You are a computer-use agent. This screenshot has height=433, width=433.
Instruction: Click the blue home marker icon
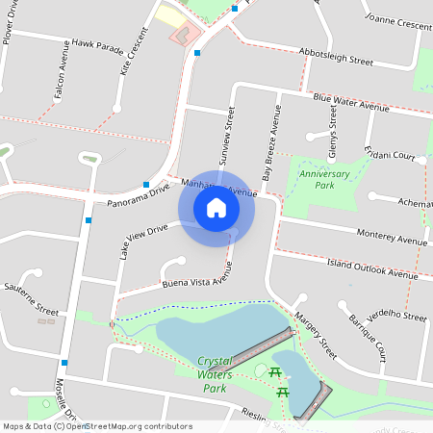(x=216, y=208)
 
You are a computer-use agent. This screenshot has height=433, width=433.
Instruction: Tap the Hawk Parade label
(x=98, y=45)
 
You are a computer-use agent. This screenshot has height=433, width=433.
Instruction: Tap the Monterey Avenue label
(x=391, y=238)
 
